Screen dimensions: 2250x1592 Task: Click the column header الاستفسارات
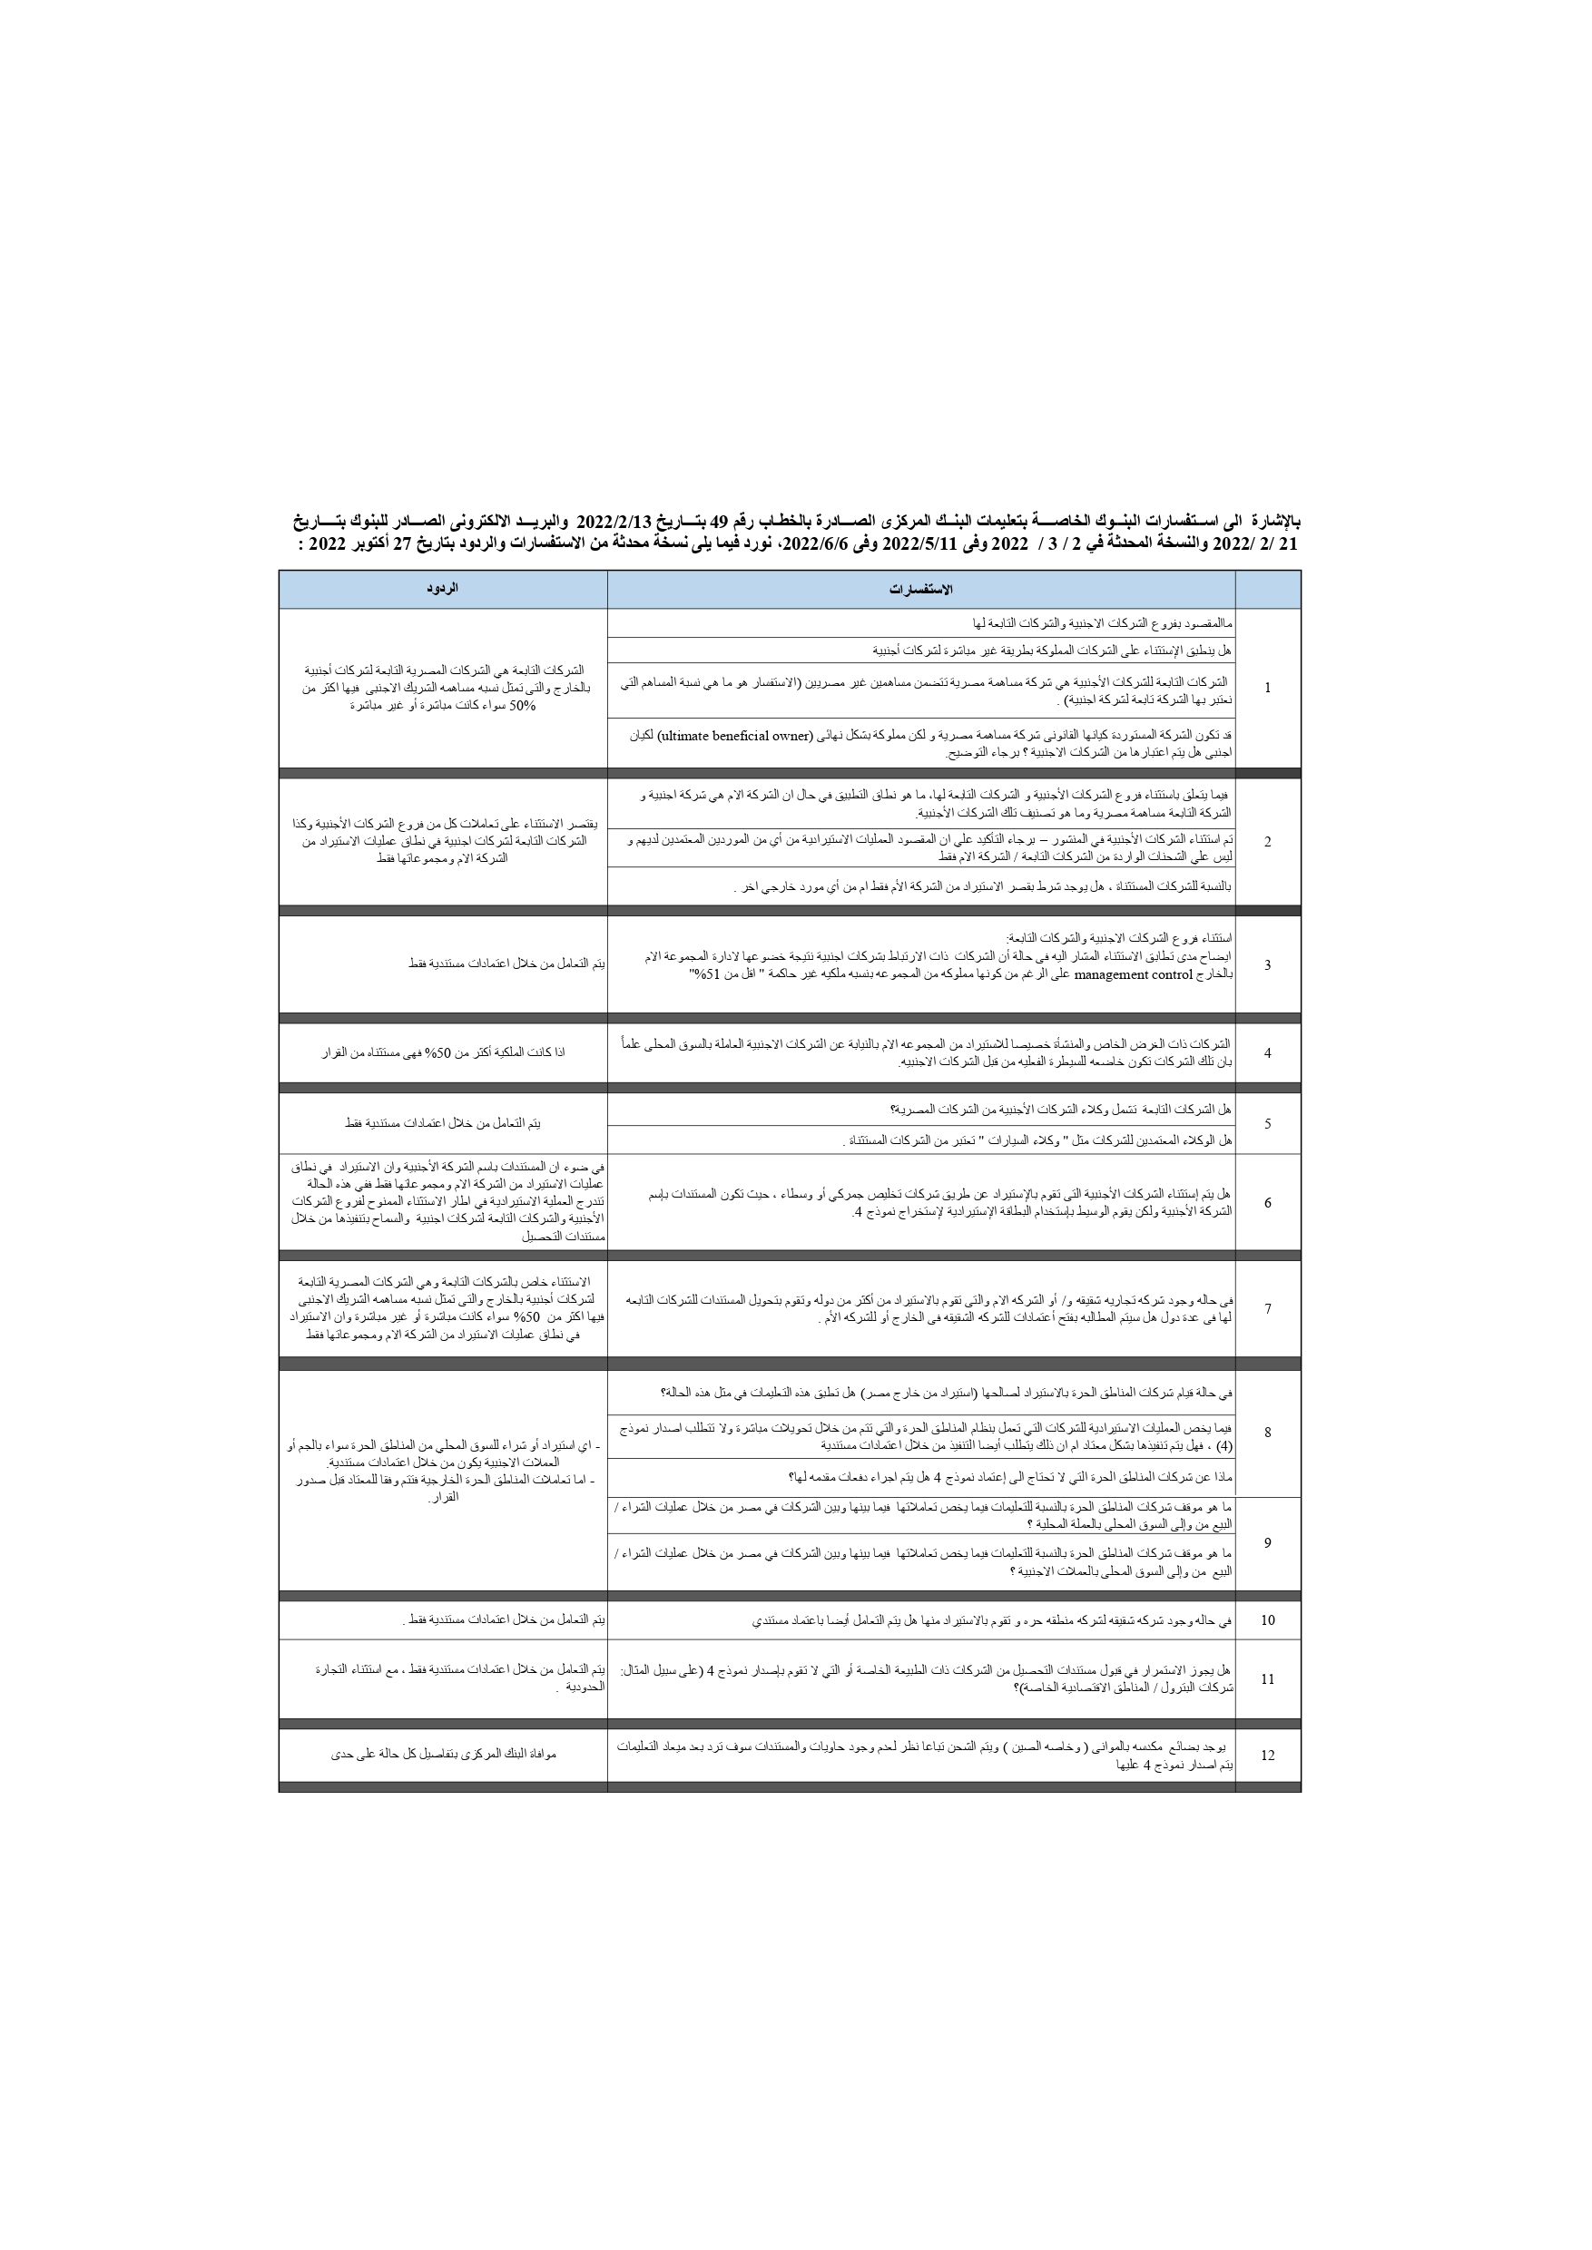point(920,589)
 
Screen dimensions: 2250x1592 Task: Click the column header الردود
point(442,588)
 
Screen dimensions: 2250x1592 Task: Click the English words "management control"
point(1134,975)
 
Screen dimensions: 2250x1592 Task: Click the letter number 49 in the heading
point(732,519)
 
